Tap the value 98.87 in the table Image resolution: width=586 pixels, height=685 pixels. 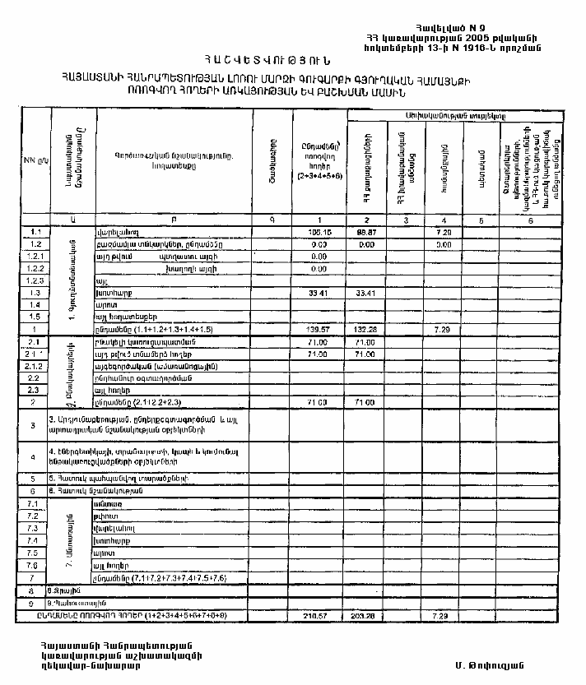tap(367, 233)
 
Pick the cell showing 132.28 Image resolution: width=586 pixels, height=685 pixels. tap(367, 328)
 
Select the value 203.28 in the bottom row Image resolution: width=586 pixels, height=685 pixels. tap(367, 615)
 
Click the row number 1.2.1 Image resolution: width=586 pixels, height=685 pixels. tap(34, 257)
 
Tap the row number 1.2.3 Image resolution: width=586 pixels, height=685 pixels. tap(34, 280)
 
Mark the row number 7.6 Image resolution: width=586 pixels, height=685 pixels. tap(34, 566)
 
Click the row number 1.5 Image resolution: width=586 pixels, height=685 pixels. tap(34, 316)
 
